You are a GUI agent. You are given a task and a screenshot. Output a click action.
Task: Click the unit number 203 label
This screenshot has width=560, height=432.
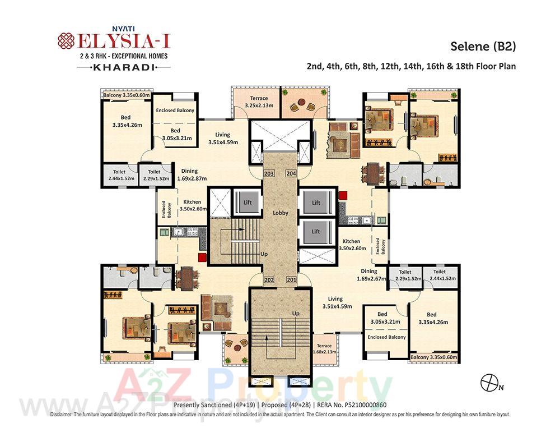(269, 174)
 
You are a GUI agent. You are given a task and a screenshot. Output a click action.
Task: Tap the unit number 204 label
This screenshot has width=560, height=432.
(291, 174)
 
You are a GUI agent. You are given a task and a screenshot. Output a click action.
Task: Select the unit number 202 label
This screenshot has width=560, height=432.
(269, 280)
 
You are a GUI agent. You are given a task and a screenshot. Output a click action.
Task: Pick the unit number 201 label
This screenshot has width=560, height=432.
(291, 280)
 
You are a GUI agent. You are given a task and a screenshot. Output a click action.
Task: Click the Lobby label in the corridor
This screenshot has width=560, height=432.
(280, 213)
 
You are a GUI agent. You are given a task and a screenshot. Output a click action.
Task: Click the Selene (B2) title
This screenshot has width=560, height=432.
(483, 47)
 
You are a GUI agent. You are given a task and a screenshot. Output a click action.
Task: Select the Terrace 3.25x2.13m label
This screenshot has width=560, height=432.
(255, 102)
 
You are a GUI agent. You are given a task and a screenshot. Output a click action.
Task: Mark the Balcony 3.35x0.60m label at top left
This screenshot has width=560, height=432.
(127, 95)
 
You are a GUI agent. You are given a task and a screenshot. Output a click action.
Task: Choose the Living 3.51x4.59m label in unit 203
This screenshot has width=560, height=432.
(222, 138)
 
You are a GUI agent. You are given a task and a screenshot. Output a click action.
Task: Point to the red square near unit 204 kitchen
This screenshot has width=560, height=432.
(343, 195)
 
